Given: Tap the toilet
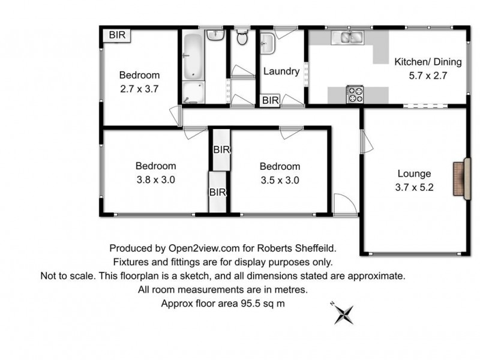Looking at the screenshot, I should point(242,38).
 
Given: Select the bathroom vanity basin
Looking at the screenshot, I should point(215,35).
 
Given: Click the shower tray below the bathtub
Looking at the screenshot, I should point(193,92).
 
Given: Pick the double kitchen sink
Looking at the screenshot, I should point(350,38).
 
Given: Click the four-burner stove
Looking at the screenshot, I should point(355,94).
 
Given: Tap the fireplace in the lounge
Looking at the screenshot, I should point(461,179).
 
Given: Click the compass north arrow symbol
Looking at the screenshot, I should point(344,313).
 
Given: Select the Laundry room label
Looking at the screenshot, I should point(281,71).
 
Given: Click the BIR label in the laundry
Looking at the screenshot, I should point(271,101).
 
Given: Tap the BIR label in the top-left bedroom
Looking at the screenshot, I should point(118,35).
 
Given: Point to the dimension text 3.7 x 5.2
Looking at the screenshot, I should point(415,187).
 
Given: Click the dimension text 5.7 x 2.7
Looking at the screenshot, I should point(428,76).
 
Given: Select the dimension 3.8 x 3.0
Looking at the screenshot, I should point(155,179).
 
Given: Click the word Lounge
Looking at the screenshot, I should point(414,174).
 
